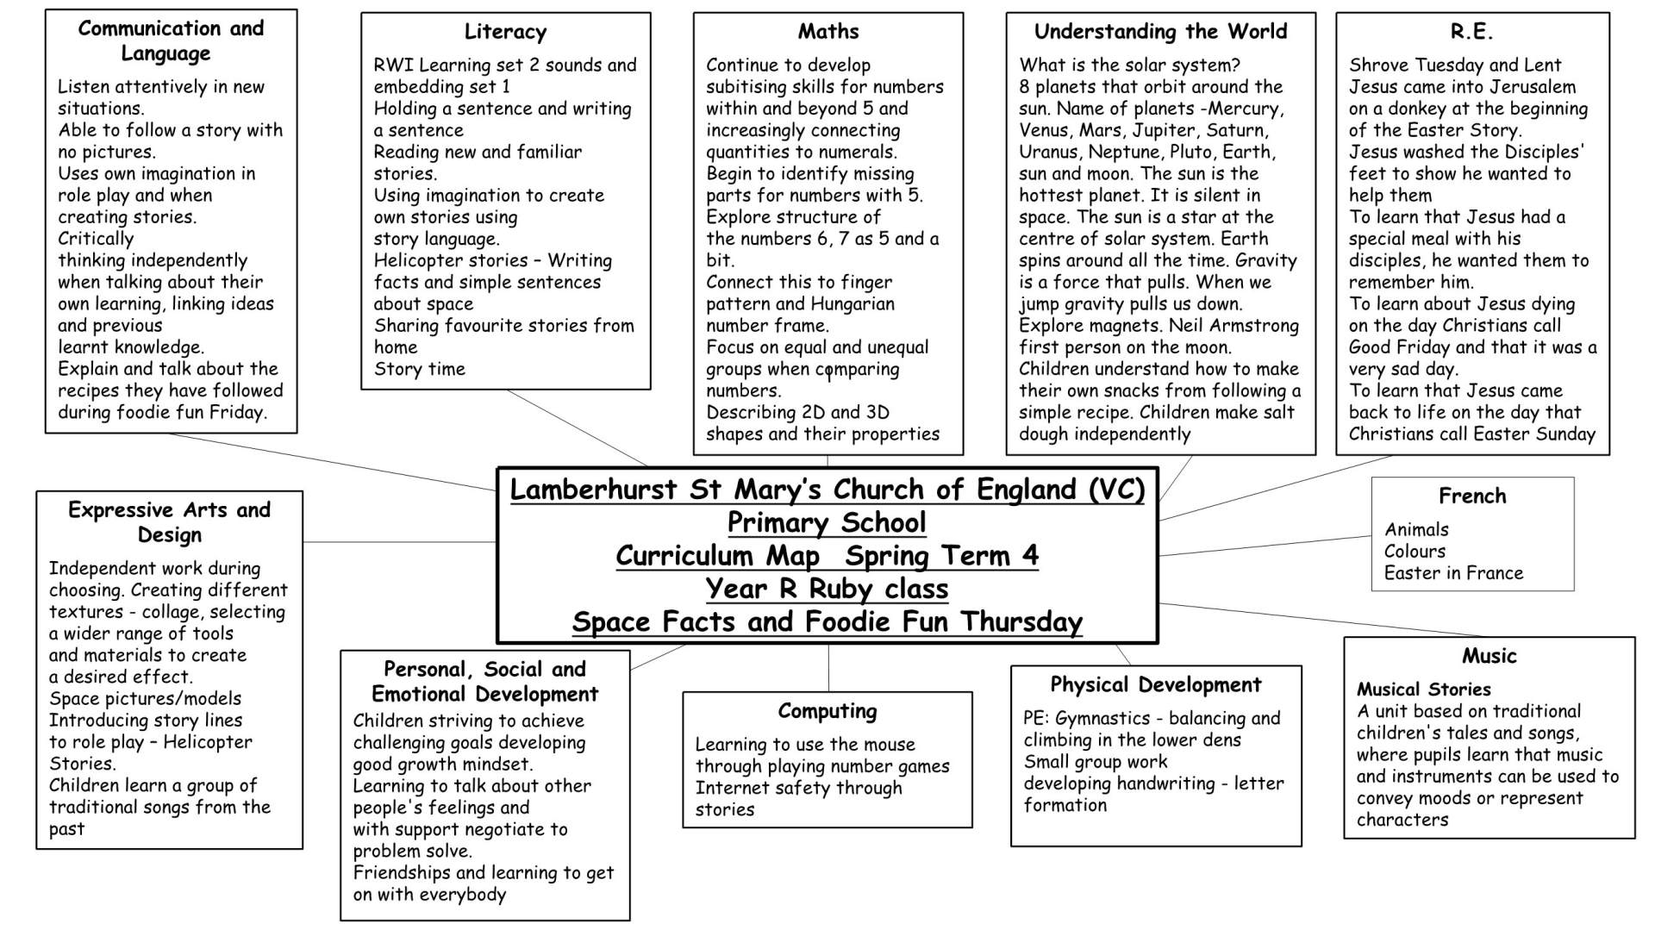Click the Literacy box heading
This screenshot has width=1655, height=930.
point(505,32)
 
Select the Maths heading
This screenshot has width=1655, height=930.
point(827,32)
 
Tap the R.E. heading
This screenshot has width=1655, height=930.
point(1471,32)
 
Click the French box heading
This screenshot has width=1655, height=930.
point(1471,496)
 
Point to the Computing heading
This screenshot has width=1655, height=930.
point(827,711)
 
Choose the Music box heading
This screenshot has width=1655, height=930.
point(1489,656)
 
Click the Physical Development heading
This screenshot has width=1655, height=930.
point(1155,685)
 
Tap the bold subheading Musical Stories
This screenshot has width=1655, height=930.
point(1423,690)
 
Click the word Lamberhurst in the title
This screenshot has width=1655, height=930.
point(593,490)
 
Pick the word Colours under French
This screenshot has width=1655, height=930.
point(1415,552)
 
